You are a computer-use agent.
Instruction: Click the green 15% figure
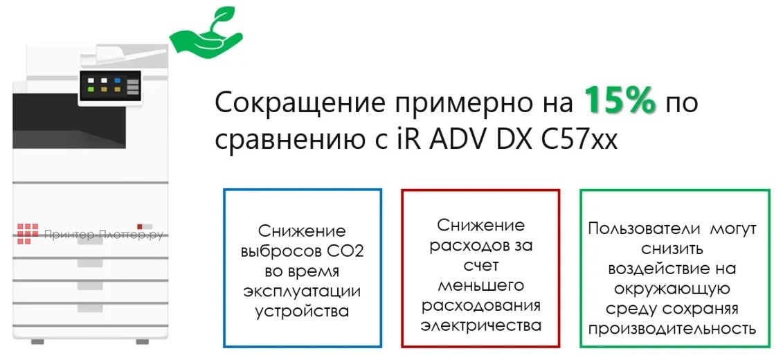point(618,102)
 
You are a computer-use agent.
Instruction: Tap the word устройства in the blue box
point(302,311)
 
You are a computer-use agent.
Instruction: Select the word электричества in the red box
point(481,325)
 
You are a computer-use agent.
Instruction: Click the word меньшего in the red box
point(482,285)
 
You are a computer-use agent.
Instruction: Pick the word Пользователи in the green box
point(635,228)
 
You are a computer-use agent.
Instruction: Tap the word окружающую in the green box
point(672,288)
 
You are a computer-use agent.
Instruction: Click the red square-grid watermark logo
point(28,233)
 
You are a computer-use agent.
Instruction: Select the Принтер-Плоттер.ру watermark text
point(103,235)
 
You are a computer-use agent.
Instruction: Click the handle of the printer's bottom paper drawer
point(90,307)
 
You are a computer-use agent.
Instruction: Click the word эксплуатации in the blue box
point(302,291)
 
